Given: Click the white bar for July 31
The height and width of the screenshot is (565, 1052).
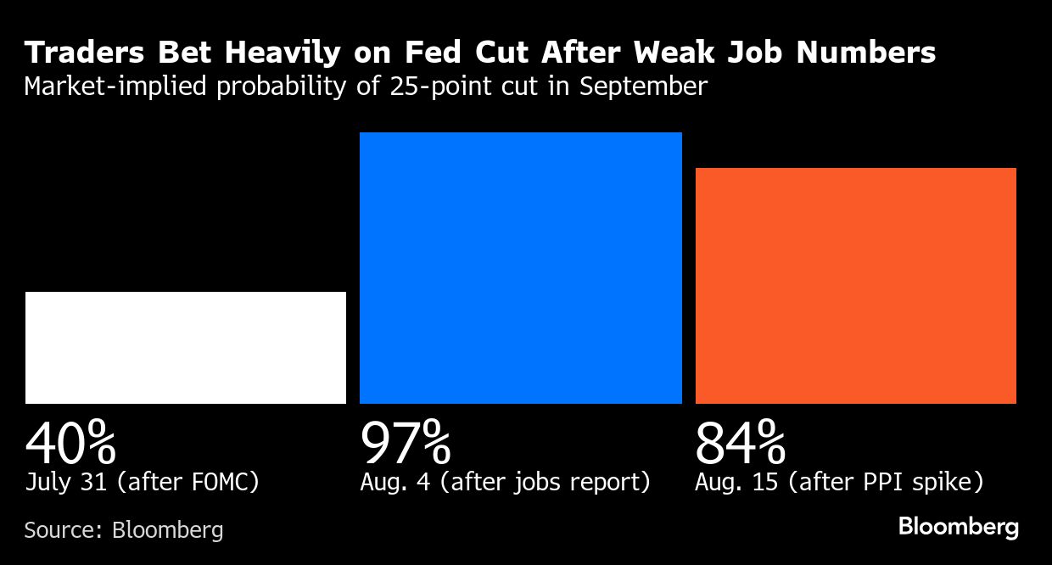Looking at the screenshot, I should click(x=186, y=348).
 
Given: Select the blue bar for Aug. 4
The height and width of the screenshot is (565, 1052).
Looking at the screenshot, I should click(x=520, y=268).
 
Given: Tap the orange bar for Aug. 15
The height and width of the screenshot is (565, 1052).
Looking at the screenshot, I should click(x=855, y=286).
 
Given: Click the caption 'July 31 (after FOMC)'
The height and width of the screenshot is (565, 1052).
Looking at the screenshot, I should click(x=142, y=483).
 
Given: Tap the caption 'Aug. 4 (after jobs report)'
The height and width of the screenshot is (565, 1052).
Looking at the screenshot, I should click(x=505, y=483).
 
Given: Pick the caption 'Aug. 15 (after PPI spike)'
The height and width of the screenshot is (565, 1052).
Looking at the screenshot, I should click(x=839, y=483).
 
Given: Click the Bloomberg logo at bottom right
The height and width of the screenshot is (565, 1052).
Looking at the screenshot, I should click(x=958, y=527).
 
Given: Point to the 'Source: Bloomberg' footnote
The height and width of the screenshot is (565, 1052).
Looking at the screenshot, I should click(x=124, y=530).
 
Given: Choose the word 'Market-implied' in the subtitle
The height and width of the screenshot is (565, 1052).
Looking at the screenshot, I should click(x=115, y=87).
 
